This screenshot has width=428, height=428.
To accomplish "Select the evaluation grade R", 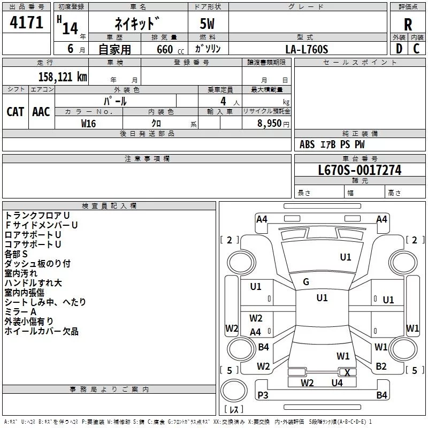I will [x=408, y=24].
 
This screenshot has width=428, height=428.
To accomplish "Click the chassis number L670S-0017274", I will [x=360, y=170].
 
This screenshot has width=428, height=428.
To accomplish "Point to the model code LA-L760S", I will [x=307, y=49].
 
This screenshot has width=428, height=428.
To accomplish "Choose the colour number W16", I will [x=88, y=123].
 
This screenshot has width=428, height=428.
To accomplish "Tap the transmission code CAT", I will [x=16, y=111].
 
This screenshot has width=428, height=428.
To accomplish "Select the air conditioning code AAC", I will [x=41, y=111].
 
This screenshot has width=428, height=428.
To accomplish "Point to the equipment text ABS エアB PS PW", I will [x=332, y=144].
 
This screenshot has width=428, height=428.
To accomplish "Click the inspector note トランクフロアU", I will [x=37, y=216].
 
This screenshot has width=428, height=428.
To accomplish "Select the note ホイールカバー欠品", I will [x=41, y=331].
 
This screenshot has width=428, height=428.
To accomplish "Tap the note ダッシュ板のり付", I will [x=37, y=264].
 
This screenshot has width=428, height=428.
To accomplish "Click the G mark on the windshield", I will [x=305, y=282].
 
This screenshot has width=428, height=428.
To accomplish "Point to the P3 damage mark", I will [x=263, y=395].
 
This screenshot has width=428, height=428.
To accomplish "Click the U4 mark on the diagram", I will [x=337, y=383].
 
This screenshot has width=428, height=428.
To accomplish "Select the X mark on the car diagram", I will [x=347, y=372].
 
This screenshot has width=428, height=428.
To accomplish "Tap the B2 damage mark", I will [x=381, y=366].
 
